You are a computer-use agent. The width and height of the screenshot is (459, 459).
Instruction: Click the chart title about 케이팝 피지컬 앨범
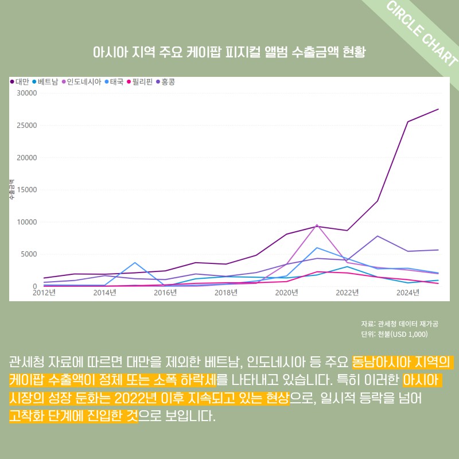[229, 52]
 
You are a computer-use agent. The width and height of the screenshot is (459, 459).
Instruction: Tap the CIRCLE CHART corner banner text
[422, 34]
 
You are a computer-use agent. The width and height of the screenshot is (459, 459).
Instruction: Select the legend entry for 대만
[20, 82]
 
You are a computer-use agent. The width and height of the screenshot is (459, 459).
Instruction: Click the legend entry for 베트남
[46, 82]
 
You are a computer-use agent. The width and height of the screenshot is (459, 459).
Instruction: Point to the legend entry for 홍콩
[166, 82]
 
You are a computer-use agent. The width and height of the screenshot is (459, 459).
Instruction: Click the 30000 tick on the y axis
[26, 93]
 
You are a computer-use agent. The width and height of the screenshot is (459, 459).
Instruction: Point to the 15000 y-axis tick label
[26, 190]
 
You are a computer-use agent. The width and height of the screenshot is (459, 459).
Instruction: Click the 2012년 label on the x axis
[44, 293]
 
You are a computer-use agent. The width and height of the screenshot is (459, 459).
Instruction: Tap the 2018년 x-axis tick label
[226, 293]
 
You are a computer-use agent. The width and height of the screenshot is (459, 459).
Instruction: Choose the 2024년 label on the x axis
[408, 293]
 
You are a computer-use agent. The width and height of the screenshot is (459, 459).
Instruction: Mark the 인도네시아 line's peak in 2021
[317, 225]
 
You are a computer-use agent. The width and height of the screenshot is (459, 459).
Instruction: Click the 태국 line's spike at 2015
[135, 263]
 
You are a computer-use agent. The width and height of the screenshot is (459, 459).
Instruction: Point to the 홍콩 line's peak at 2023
[378, 236]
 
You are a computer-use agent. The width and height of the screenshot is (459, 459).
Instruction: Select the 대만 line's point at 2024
[408, 122]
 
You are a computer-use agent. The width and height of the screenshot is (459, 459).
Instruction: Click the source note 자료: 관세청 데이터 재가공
[400, 324]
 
